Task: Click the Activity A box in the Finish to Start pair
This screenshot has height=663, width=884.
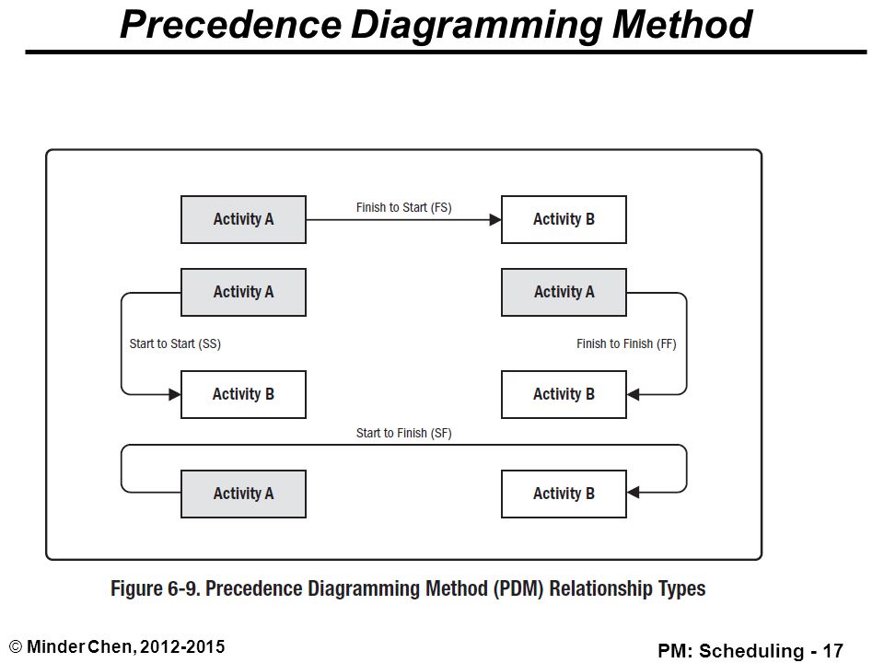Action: (x=243, y=219)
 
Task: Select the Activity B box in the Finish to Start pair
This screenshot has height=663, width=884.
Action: (x=564, y=219)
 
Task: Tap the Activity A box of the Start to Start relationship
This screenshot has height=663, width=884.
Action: (x=243, y=292)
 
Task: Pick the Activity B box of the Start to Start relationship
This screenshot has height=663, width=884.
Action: (x=243, y=394)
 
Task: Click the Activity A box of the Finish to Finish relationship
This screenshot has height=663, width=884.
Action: (x=564, y=292)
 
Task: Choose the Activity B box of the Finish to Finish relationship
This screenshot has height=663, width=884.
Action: (x=564, y=394)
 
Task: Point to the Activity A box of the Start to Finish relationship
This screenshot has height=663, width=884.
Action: (x=243, y=494)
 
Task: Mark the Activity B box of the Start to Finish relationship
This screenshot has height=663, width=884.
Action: (x=564, y=494)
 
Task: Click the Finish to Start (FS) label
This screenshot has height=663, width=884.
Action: (x=403, y=207)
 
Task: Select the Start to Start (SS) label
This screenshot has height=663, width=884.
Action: (x=175, y=343)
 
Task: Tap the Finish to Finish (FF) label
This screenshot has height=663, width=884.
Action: (x=626, y=343)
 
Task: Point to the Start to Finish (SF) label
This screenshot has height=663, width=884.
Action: (x=403, y=433)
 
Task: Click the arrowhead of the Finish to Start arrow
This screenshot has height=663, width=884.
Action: (x=495, y=219)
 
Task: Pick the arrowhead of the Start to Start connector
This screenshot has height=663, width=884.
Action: (x=175, y=394)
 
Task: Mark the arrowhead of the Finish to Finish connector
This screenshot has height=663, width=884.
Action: (x=634, y=394)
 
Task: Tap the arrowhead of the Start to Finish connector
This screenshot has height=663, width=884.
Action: (x=634, y=492)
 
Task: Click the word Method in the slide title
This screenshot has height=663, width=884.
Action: (x=681, y=24)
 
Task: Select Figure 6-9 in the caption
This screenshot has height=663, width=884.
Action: (x=155, y=588)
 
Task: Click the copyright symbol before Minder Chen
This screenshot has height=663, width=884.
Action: (x=16, y=647)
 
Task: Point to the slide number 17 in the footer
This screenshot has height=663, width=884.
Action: (x=832, y=651)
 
